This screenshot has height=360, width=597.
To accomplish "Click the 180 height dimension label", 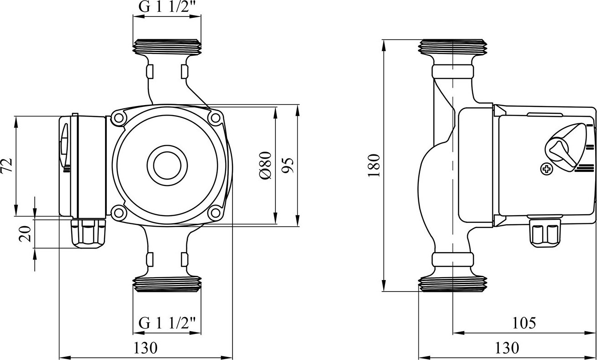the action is [373, 165].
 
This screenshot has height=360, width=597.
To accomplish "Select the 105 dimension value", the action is [524, 323].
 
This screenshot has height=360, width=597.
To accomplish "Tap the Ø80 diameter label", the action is [265, 165].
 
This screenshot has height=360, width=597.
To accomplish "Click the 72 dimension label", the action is [6, 166].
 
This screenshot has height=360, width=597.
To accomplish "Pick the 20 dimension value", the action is [25, 234].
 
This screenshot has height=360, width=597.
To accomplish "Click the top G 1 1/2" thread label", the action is [167, 6].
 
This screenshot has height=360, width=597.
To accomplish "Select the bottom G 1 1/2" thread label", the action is [167, 323].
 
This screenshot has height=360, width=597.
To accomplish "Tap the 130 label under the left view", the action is [145, 348].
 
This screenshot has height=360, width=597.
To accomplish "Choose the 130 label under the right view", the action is [507, 348].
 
